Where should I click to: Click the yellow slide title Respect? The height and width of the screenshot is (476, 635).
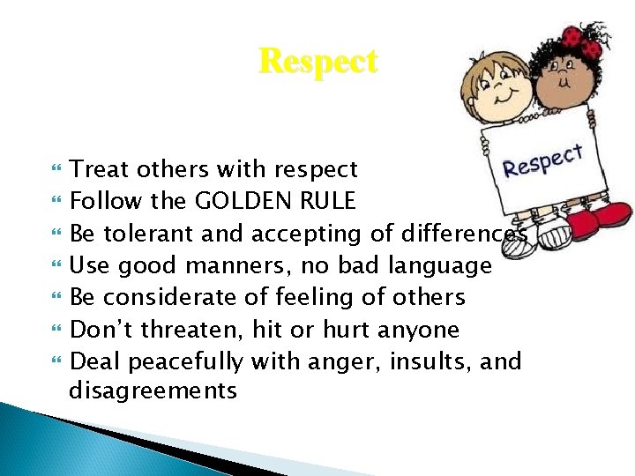(x=317, y=62)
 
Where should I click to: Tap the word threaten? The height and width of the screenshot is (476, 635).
(x=187, y=330)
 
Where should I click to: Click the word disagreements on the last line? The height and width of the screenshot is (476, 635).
(x=153, y=390)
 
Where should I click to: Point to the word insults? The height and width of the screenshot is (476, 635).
(x=427, y=361)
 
